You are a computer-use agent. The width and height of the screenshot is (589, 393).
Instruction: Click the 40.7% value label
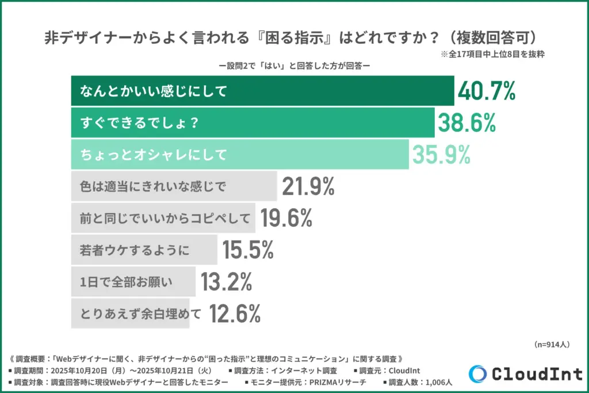[x=487, y=91]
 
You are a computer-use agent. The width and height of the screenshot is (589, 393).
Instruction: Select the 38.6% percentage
[x=466, y=123]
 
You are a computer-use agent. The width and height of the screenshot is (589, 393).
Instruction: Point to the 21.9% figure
[x=308, y=186]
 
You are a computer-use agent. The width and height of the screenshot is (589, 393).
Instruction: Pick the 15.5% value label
[x=247, y=250]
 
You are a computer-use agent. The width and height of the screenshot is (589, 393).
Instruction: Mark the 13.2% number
[x=226, y=282]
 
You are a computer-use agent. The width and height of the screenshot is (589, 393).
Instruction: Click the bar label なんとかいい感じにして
[x=154, y=91]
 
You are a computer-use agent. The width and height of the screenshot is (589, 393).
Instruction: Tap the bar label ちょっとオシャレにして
[x=154, y=154]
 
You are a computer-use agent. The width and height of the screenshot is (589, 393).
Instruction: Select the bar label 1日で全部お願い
[x=127, y=282]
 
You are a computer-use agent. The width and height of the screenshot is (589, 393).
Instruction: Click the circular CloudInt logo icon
[x=477, y=373]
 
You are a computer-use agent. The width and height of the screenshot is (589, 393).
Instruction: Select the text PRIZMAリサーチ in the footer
[x=337, y=381]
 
